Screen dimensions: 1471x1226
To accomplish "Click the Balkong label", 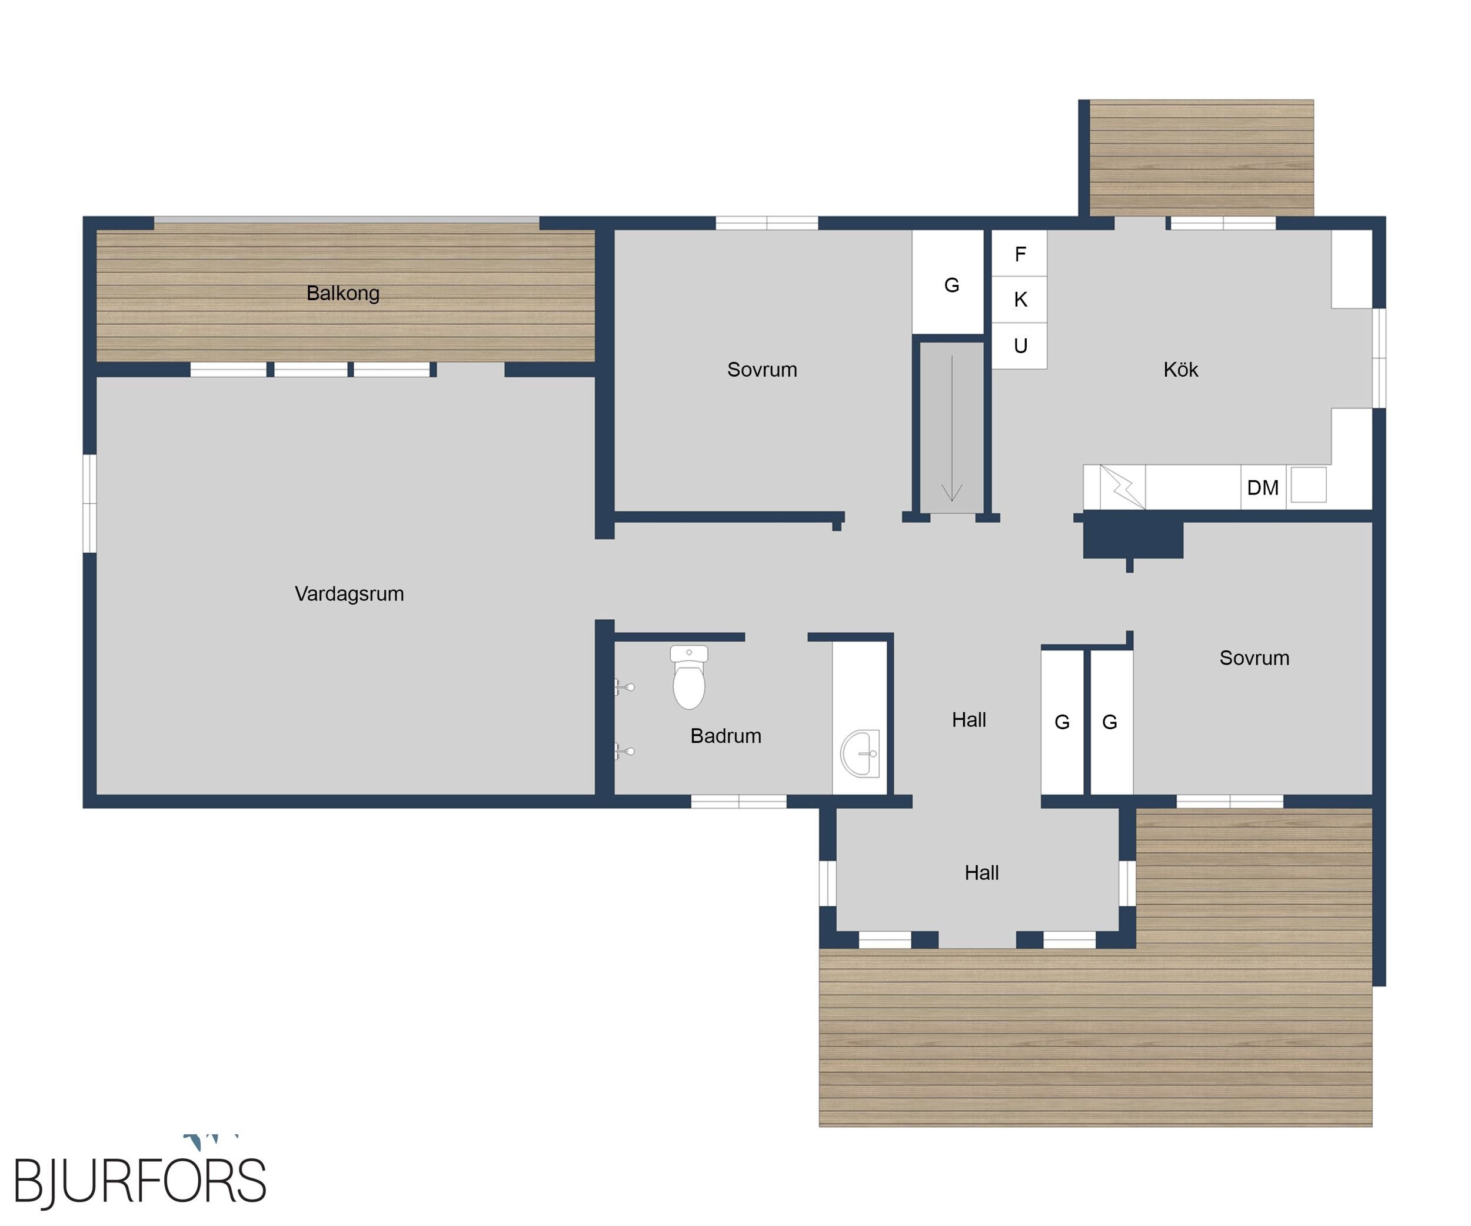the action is (342, 293).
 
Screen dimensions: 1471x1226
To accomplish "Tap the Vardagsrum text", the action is (349, 593).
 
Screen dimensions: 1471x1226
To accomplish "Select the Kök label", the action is (1180, 369).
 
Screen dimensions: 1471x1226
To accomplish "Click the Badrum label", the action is (725, 736).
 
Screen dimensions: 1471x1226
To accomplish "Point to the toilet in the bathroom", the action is (688, 677).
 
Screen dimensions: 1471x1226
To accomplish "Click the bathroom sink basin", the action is (860, 754).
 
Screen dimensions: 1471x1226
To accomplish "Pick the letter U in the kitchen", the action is (1021, 346).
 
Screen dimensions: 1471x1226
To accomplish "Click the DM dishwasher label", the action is (1262, 487).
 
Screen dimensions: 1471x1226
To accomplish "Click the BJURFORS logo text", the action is (140, 1182).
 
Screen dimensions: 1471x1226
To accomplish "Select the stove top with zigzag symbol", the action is (1122, 487).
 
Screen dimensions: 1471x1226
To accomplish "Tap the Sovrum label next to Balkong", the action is (761, 369).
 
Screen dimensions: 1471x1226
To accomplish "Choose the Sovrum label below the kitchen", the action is (1254, 658).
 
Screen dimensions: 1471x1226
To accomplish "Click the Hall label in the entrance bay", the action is (981, 873).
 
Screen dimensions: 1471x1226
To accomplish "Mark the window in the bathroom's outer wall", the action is (738, 802).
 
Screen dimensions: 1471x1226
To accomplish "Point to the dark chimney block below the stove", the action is (1133, 537).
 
